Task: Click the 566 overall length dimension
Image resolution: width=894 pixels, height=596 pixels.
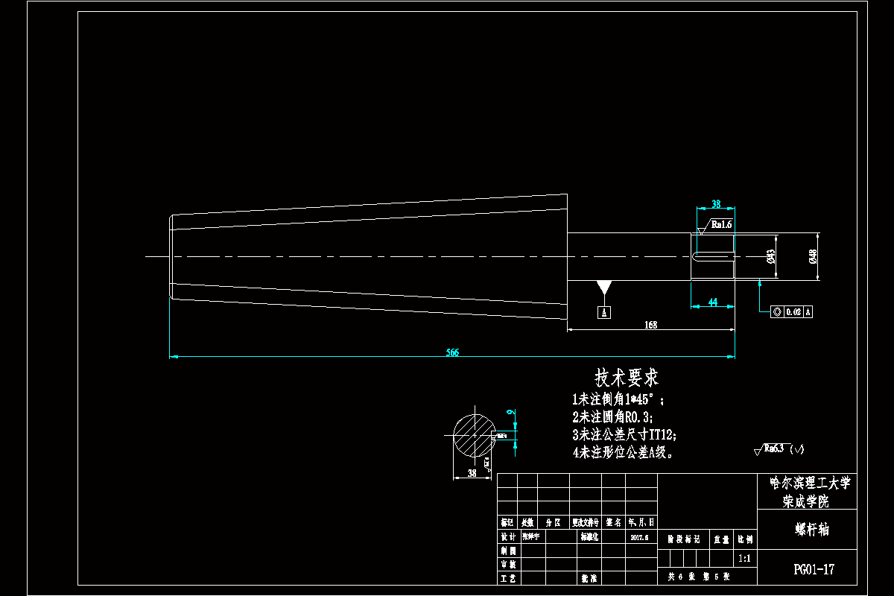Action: [x=452, y=352]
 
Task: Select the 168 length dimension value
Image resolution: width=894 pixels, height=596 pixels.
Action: [x=650, y=325]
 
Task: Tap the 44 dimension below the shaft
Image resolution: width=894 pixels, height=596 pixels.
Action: [x=713, y=302]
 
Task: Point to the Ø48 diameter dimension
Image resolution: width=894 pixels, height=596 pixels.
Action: [x=813, y=256]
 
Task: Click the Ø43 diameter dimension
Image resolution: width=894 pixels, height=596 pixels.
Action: [x=771, y=257]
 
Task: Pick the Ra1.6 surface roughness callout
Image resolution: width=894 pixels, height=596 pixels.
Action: [x=721, y=223]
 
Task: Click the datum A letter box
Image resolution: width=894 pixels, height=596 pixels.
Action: [x=605, y=312]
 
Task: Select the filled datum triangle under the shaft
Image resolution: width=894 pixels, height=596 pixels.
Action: [x=603, y=288]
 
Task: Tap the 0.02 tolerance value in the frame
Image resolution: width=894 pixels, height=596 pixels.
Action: [x=792, y=312]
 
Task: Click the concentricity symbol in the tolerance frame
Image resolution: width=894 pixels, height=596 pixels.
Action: [x=777, y=312]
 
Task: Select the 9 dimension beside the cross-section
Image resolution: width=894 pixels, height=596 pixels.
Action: [x=510, y=411]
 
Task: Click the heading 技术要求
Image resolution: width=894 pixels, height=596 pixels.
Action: [x=626, y=376]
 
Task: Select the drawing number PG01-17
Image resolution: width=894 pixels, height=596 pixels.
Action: [x=814, y=570]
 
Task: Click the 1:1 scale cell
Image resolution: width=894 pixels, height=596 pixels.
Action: [x=744, y=558]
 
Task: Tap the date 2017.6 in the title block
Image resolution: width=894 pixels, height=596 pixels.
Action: [x=640, y=536]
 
